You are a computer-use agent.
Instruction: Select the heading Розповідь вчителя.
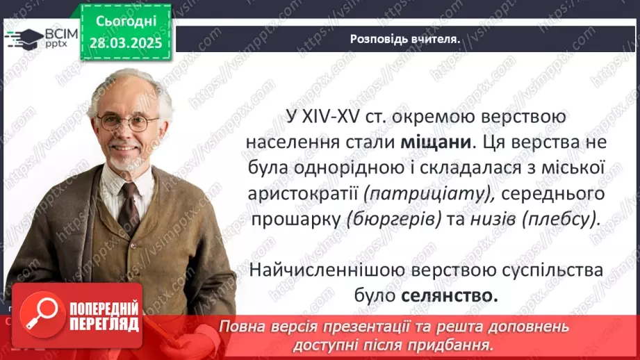coord(406,39)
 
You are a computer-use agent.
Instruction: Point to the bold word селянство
coord(450,295)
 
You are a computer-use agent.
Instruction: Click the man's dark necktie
coord(128,202)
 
